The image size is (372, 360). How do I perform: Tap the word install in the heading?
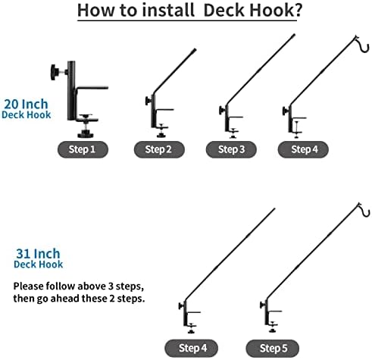point(168,10)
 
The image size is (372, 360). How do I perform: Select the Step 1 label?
point(83,149)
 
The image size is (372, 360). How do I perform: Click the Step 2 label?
point(159,149)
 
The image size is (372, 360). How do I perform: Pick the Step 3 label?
point(231,149)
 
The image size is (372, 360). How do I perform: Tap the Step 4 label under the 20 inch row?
point(303,149)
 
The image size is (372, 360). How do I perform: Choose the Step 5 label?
point(273,348)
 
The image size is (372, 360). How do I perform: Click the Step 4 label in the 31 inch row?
point(192,348)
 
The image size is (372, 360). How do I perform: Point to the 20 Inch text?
point(26,104)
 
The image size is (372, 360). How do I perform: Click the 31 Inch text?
point(38,253)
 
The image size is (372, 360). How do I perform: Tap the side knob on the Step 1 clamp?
point(54,72)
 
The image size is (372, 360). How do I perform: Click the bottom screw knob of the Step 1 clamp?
point(86,134)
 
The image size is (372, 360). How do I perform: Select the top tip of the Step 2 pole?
point(195,49)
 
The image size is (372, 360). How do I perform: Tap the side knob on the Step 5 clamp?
point(262,305)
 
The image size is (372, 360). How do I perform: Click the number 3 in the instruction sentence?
point(111,286)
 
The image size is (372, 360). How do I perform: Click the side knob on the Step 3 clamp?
point(221,111)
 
